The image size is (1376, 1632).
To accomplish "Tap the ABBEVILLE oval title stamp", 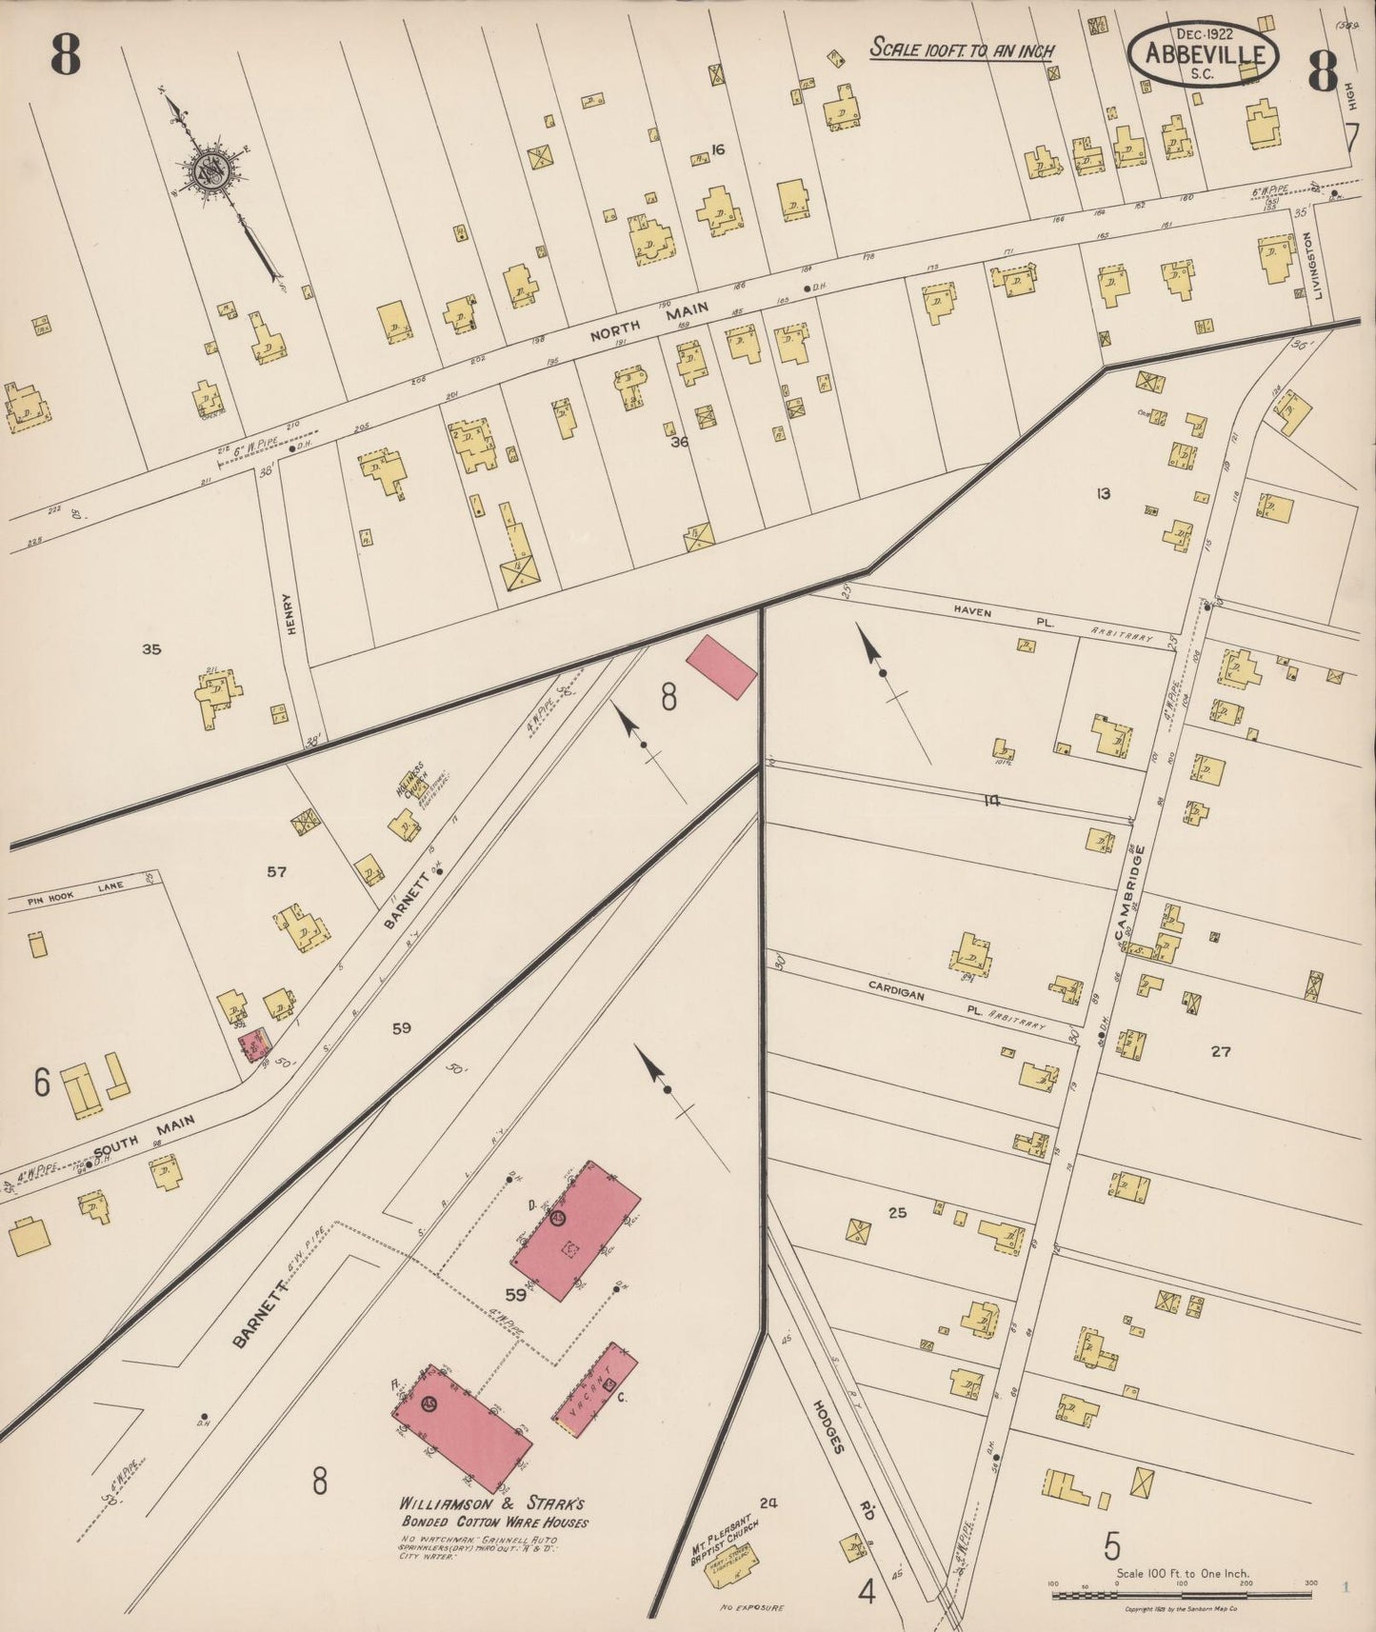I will pos(1202,54).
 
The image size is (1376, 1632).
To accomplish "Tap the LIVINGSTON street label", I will pos(1318,267).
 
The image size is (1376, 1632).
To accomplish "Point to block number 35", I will pos(151,650).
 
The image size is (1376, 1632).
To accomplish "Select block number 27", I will pos(1221,1052).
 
